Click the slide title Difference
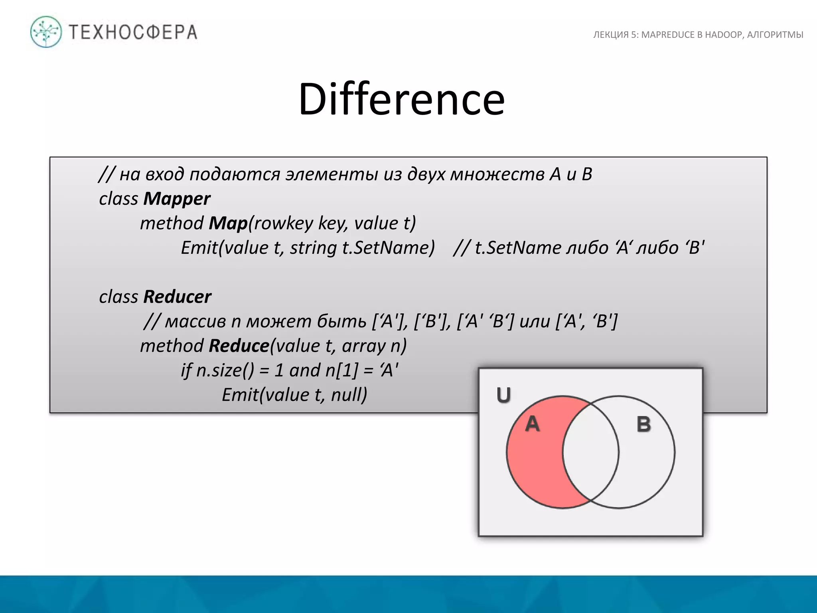[401, 99]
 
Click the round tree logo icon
[46, 32]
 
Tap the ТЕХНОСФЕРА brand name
[133, 32]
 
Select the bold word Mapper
[177, 199]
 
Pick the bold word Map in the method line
[228, 223]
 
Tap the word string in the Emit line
[314, 248]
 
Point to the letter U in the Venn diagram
[503, 395]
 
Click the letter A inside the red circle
[532, 423]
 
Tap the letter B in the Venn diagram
[643, 424]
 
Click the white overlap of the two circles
[591, 452]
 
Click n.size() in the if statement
[225, 370]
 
